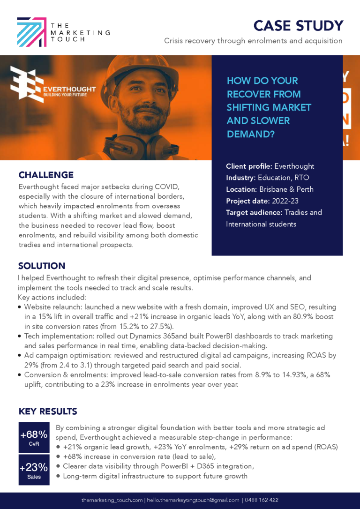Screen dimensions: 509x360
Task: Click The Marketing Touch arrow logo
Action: (x=32, y=32)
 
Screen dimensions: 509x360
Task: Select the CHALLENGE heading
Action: (x=46, y=175)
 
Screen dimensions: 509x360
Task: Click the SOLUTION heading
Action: (x=42, y=266)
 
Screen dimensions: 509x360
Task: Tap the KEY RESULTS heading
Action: (x=48, y=412)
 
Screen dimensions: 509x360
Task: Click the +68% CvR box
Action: (x=34, y=437)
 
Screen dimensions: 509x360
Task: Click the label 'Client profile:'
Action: (x=249, y=166)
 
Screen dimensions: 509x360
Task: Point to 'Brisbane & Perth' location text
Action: (x=286, y=189)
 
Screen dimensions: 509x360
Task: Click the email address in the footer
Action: (x=193, y=500)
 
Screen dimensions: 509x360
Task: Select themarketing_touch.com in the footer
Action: (x=111, y=500)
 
